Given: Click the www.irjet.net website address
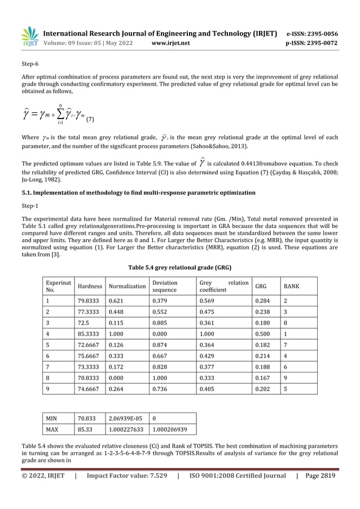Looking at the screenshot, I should (x=171, y=43).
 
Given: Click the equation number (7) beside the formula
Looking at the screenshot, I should (x=90, y=120).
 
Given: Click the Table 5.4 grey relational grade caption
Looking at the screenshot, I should (x=179, y=267).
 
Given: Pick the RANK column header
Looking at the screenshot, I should (x=292, y=286).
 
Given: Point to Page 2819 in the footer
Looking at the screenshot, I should (x=320, y=475).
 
